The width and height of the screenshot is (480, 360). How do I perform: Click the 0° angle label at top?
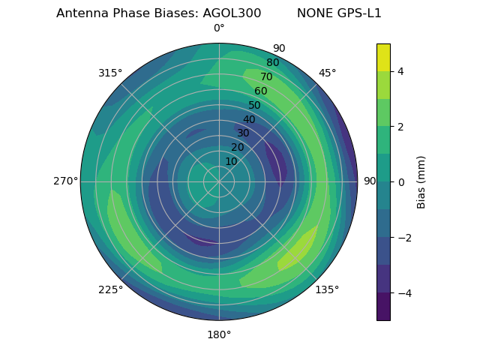[x=219, y=28]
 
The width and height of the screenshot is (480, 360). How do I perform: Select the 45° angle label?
[x=327, y=73]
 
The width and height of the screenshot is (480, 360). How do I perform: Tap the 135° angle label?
[x=327, y=289]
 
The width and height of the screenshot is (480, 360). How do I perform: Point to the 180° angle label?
[x=219, y=334]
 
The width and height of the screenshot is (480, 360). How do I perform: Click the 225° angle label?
[x=110, y=289]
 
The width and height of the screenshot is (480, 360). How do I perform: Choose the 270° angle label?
[x=65, y=181]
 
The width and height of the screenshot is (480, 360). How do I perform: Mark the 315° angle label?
[x=110, y=73]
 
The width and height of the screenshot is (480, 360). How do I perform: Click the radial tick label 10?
[x=231, y=162]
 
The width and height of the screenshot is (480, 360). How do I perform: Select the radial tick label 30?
[x=243, y=133]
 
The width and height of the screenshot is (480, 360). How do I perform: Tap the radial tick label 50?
[x=255, y=106]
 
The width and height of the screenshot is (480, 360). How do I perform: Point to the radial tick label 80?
[x=273, y=63]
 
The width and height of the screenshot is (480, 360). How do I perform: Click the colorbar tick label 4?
[x=401, y=71]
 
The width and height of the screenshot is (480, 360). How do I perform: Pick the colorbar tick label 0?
[x=401, y=182]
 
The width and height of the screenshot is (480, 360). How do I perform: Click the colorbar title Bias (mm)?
[x=421, y=182]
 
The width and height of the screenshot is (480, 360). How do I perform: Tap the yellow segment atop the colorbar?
[x=383, y=57]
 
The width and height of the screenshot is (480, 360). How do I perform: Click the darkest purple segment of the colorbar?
[x=383, y=307]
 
